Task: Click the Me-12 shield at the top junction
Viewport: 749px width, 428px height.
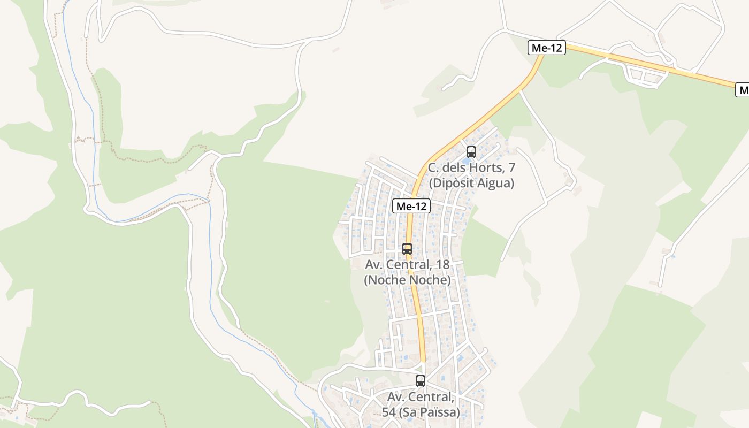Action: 547,48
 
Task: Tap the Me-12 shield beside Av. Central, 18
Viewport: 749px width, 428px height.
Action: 411,206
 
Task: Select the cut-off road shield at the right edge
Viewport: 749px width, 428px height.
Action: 743,90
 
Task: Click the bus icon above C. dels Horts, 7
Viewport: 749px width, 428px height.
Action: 471,151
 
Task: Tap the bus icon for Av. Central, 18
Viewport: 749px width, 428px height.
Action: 407,248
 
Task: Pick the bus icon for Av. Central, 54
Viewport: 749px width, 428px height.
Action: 421,381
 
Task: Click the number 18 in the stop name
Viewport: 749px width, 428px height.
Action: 442,264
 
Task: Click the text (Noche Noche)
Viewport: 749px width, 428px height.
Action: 407,280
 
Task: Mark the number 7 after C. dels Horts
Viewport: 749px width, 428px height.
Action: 511,168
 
